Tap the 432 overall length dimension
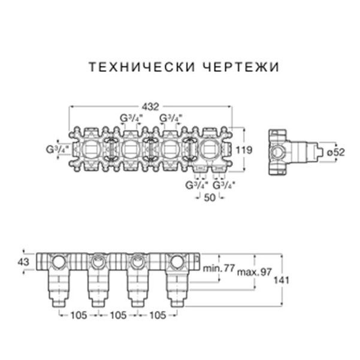tap(152, 107)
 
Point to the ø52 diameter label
tap(336, 152)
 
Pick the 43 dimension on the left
tap(23, 261)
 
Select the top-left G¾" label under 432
tap(131, 118)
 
